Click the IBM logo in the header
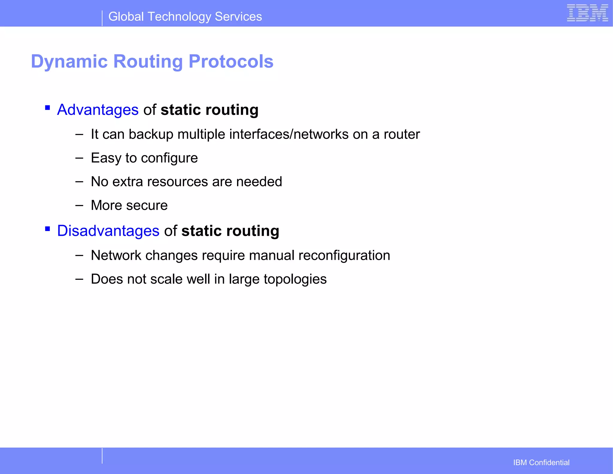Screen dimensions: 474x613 tap(587, 13)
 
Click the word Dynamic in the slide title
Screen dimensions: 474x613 tap(69, 61)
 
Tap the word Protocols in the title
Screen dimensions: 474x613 tap(231, 61)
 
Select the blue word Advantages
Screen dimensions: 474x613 tap(98, 110)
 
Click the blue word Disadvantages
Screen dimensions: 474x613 tap(108, 231)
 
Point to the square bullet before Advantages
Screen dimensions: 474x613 tap(47, 107)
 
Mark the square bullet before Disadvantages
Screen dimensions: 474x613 tap(47, 229)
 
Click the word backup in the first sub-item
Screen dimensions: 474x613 tap(151, 134)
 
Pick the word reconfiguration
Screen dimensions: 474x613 tap(344, 256)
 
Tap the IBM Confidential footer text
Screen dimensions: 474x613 tap(541, 462)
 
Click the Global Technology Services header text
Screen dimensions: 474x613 tap(185, 17)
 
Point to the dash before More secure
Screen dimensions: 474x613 tap(79, 205)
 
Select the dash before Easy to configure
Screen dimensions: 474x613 tap(79, 158)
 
